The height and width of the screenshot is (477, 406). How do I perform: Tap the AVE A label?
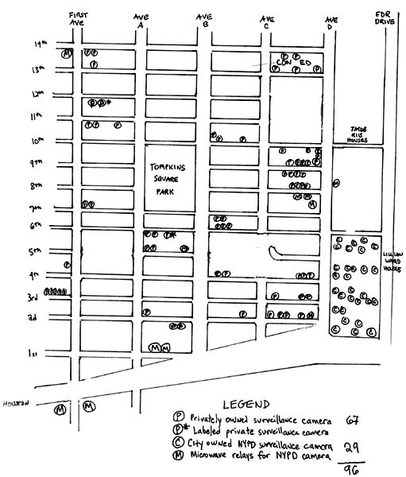coord(141,20)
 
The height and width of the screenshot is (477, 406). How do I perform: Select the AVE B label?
coord(204,20)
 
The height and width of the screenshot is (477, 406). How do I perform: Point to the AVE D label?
coord(331,20)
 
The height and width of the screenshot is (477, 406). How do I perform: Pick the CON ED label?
coord(292,62)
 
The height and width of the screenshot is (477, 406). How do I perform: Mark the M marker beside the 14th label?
coord(68,53)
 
